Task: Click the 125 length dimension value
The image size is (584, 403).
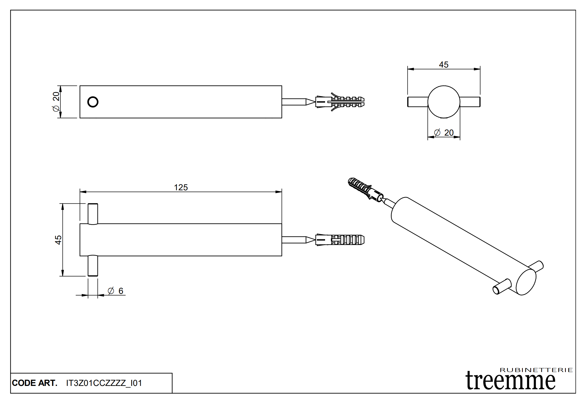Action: point(181,187)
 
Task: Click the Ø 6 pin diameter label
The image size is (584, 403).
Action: point(116,291)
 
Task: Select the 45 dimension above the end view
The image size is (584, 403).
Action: point(443,65)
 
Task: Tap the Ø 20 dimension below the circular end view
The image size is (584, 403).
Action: point(444,133)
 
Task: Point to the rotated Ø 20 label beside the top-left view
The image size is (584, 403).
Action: point(56,102)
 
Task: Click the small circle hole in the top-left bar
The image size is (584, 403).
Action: point(93,102)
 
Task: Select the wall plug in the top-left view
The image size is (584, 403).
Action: point(340,102)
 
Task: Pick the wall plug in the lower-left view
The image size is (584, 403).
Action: point(340,240)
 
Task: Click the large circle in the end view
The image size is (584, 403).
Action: point(444,102)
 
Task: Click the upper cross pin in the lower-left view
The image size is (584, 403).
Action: point(93,214)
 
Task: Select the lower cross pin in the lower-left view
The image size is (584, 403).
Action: point(93,266)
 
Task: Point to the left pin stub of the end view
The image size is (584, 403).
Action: point(418,102)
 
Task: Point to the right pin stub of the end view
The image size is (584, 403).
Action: point(470,102)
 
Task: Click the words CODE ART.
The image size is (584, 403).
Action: point(35,383)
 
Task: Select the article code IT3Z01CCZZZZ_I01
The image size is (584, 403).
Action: point(104,383)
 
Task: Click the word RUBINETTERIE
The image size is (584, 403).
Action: point(536,370)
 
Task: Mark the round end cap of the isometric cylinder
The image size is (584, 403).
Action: point(526,282)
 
